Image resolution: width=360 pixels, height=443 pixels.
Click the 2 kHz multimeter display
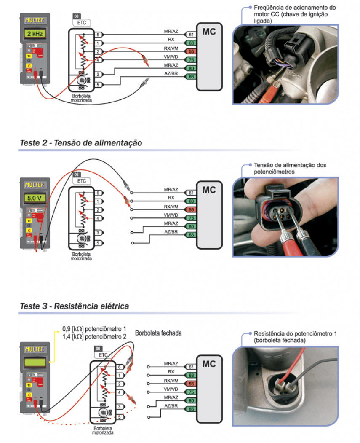[35, 33]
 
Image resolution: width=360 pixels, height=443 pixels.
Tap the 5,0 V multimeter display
[35, 197]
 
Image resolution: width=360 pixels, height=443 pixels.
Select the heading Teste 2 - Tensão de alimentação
[81, 143]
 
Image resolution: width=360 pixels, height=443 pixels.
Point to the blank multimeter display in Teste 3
[35, 362]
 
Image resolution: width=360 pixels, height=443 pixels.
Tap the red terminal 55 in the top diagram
[191, 51]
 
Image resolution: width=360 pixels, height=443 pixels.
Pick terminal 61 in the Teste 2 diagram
[191, 193]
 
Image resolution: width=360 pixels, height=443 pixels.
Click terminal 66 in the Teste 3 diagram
[191, 409]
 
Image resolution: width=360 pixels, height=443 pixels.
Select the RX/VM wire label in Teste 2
[171, 207]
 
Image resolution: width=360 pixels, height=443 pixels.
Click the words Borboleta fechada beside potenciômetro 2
[158, 333]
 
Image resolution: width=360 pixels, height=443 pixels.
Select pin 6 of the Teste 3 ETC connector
[120, 367]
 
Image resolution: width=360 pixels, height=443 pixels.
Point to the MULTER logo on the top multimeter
[35, 20]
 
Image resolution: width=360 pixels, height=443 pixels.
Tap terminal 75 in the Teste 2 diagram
[191, 218]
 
